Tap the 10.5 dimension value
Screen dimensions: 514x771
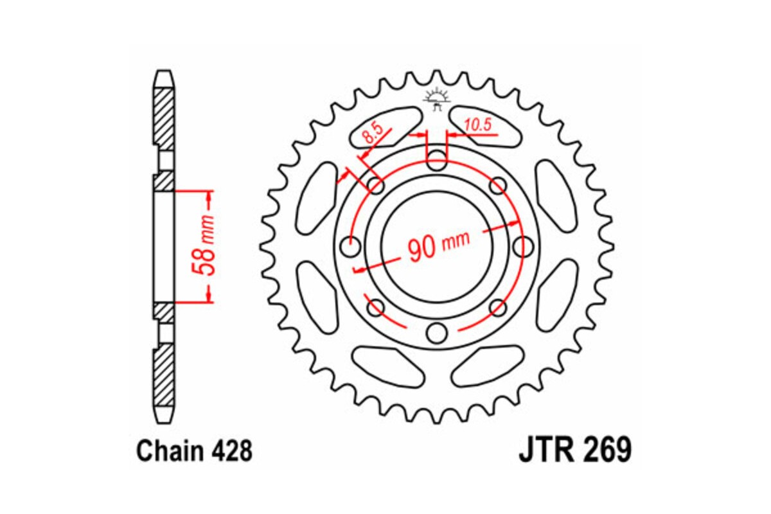click(x=477, y=125)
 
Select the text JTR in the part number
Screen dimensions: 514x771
click(x=544, y=450)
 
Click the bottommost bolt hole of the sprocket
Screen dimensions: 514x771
click(x=437, y=333)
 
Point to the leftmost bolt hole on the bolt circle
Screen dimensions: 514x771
click(x=351, y=246)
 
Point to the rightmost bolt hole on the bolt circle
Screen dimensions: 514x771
click(x=524, y=246)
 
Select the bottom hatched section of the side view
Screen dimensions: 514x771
click(x=164, y=376)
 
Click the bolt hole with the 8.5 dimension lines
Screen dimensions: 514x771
click(x=376, y=186)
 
